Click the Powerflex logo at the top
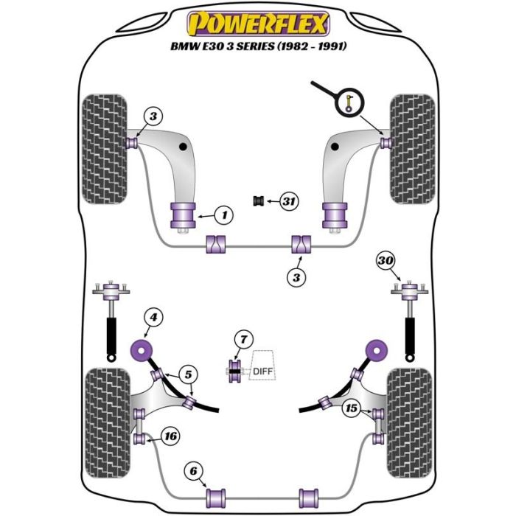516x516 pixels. pos(257,24)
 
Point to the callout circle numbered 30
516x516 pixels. pos(385,259)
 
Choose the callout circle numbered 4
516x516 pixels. pos(153,318)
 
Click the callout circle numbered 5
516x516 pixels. pos(189,374)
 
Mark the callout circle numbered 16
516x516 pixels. pos(170,437)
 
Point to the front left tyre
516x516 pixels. pos(105,148)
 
